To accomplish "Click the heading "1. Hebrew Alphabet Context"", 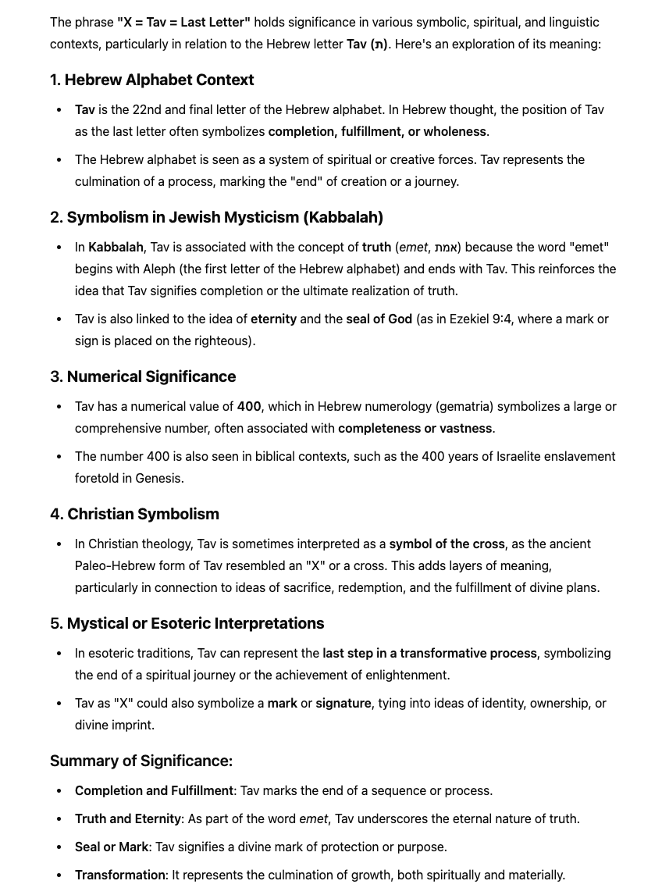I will pos(151,80).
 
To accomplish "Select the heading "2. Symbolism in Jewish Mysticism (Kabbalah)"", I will pos(216,217).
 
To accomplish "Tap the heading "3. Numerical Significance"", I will pos(143,376).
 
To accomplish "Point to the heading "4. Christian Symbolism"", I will pos(134,514).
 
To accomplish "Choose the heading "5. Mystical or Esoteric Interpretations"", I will pos(187,623).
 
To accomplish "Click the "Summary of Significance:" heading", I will pos(141,761).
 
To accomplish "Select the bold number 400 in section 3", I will pos(249,406).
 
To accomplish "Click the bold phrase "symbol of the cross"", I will pos(447,544).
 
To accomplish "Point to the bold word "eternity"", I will pos(273,319).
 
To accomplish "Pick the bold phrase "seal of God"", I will pos(379,319).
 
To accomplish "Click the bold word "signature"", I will pos(343,703).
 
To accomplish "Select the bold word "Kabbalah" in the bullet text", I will pos(116,247).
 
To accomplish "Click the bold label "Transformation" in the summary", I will pos(120,875).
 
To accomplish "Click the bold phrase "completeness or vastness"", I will pos(415,428).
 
